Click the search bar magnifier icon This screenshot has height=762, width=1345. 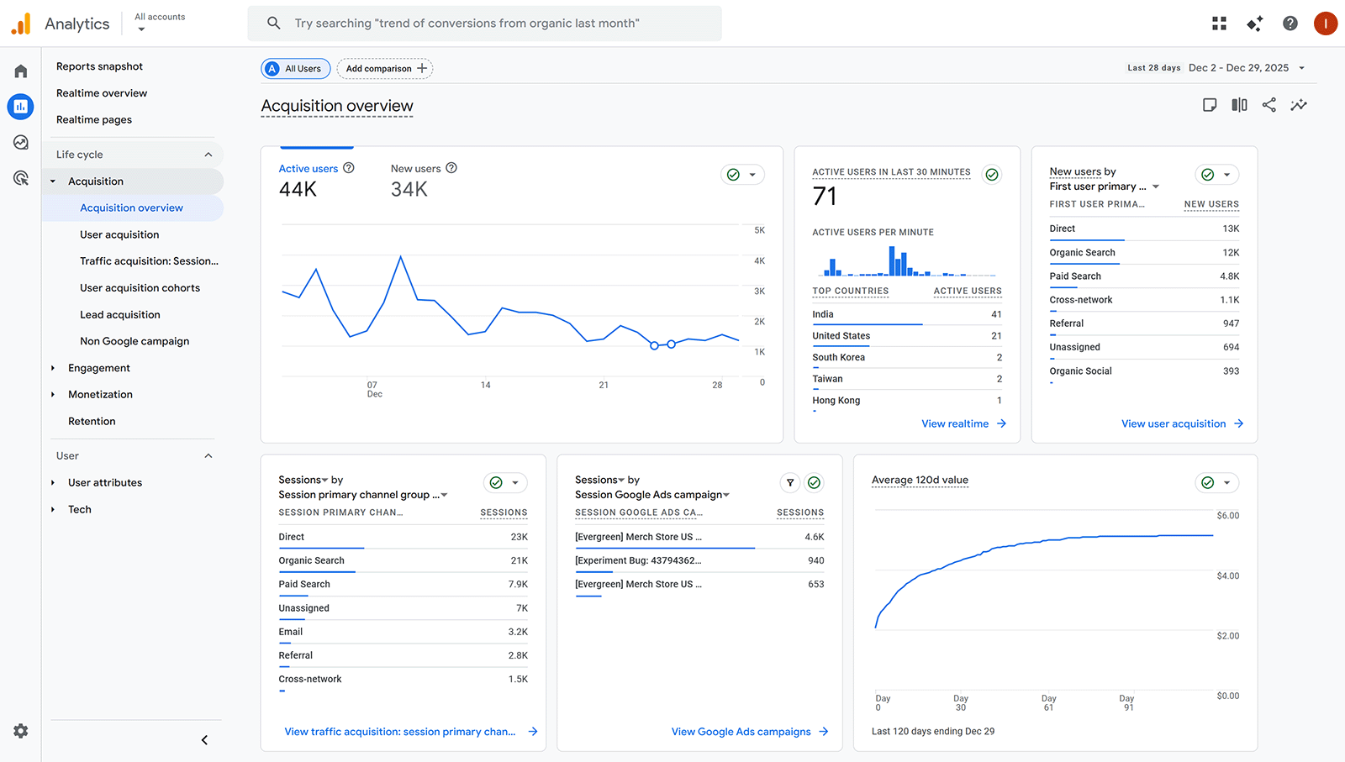(x=274, y=24)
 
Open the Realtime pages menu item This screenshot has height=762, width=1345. (x=94, y=119)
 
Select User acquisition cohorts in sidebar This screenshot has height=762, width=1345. (x=140, y=287)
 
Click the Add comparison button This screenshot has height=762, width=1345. (x=385, y=69)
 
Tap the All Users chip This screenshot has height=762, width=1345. (x=295, y=69)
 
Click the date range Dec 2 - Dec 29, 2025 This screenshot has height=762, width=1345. (x=1238, y=68)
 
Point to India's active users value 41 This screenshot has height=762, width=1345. (x=996, y=314)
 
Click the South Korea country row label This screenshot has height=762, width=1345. (x=838, y=357)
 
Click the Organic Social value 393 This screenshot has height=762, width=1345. (x=1231, y=370)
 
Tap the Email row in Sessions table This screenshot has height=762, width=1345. (x=291, y=632)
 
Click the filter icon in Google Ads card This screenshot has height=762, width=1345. (x=790, y=482)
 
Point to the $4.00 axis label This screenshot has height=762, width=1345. (x=1227, y=575)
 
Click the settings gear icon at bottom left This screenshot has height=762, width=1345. (x=21, y=731)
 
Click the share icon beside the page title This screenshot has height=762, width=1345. (x=1269, y=105)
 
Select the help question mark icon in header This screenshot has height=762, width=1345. (x=1290, y=24)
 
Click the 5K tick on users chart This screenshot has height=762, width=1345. (x=759, y=230)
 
